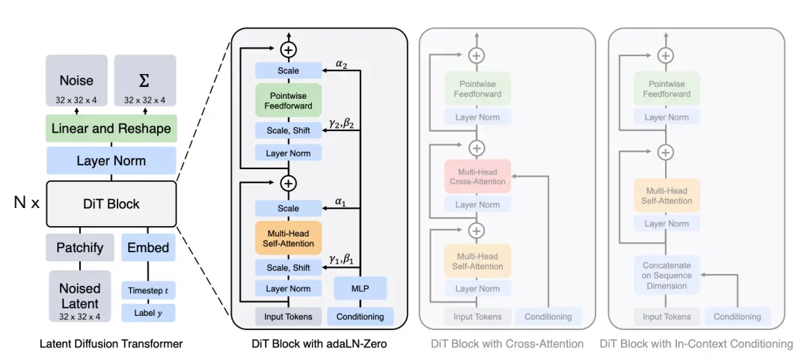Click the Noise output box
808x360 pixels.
(76, 84)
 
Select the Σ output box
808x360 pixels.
(144, 84)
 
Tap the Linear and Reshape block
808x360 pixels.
(111, 129)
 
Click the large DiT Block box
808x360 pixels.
(111, 203)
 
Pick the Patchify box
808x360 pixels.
(79, 247)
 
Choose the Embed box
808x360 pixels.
(147, 247)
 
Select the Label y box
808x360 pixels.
(147, 313)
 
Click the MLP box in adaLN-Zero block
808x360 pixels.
(360, 288)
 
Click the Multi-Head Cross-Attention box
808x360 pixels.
(477, 176)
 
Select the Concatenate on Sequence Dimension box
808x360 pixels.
(666, 275)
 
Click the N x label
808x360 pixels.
(26, 203)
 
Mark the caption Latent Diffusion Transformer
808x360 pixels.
(111, 344)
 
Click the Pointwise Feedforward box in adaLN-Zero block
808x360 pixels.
(288, 100)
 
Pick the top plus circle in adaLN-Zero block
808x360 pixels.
(288, 49)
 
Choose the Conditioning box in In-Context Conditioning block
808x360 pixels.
(737, 317)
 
